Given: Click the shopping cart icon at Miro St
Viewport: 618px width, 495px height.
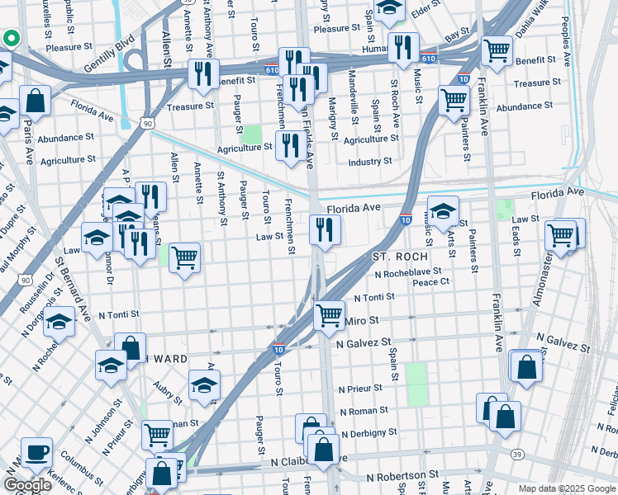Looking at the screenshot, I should coord(330,315).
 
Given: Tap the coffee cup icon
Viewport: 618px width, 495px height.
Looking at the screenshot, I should coord(36,453).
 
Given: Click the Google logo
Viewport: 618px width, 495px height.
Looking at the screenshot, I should coord(27,485).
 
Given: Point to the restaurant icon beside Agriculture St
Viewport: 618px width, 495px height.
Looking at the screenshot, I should coord(288,147).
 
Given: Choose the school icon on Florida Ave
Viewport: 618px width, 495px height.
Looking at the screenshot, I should coord(443,212).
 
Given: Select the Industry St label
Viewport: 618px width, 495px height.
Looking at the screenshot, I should coord(369,162).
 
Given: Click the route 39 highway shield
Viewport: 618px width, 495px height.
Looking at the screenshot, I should coord(517,454).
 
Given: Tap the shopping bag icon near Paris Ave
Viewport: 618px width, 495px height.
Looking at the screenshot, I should coord(36,101).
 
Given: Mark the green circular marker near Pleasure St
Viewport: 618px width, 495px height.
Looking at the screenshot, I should coord(11,38).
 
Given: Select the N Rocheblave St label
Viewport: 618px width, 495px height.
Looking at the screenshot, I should coord(407,271).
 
